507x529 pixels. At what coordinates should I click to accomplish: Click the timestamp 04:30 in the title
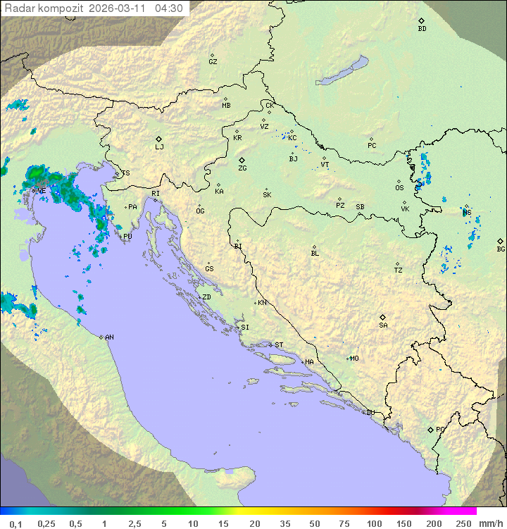[169, 8]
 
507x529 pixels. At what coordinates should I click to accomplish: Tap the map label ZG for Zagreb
[242, 168]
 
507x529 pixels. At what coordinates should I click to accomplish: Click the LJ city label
[159, 147]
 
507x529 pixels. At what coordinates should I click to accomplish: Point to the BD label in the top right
[422, 29]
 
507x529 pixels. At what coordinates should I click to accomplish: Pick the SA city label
[383, 325]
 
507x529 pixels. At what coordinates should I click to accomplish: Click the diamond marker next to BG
[500, 241]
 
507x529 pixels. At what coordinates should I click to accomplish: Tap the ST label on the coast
[279, 345]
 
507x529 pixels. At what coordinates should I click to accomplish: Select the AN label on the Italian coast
[109, 337]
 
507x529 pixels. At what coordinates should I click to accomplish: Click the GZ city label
[213, 62]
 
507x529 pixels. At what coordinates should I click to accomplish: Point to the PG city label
[440, 430]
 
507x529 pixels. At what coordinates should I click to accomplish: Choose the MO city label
[354, 359]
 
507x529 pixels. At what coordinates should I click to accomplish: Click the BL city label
[315, 254]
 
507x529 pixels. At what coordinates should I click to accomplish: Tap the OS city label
[399, 188]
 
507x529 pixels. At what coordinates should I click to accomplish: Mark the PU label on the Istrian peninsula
[127, 237]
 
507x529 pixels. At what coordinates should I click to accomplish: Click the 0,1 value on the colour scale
[15, 523]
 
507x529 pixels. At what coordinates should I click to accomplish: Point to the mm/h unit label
[490, 523]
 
